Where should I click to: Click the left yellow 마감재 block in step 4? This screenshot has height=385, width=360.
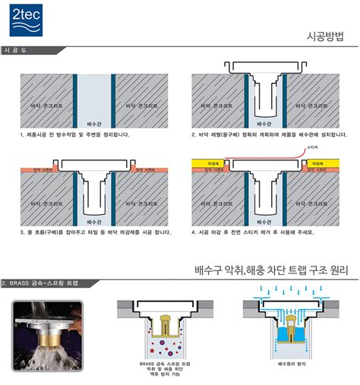(206, 162)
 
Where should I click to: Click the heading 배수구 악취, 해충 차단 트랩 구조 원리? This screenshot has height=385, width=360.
(271, 269)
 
